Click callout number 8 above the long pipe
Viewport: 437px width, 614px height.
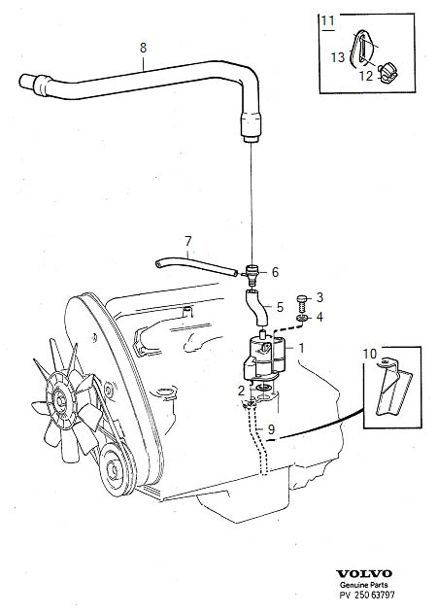pyautogui.click(x=144, y=47)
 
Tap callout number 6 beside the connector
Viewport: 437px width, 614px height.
pyautogui.click(x=275, y=273)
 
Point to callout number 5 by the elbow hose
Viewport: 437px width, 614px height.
pyautogui.click(x=280, y=307)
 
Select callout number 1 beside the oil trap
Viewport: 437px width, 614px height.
pyautogui.click(x=301, y=348)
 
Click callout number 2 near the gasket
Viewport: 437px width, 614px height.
pyautogui.click(x=240, y=391)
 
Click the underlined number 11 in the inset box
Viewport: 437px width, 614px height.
pyautogui.click(x=327, y=19)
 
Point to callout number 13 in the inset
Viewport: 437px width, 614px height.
pyautogui.click(x=337, y=57)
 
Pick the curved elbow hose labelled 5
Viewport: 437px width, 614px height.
pyautogui.click(x=256, y=311)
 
